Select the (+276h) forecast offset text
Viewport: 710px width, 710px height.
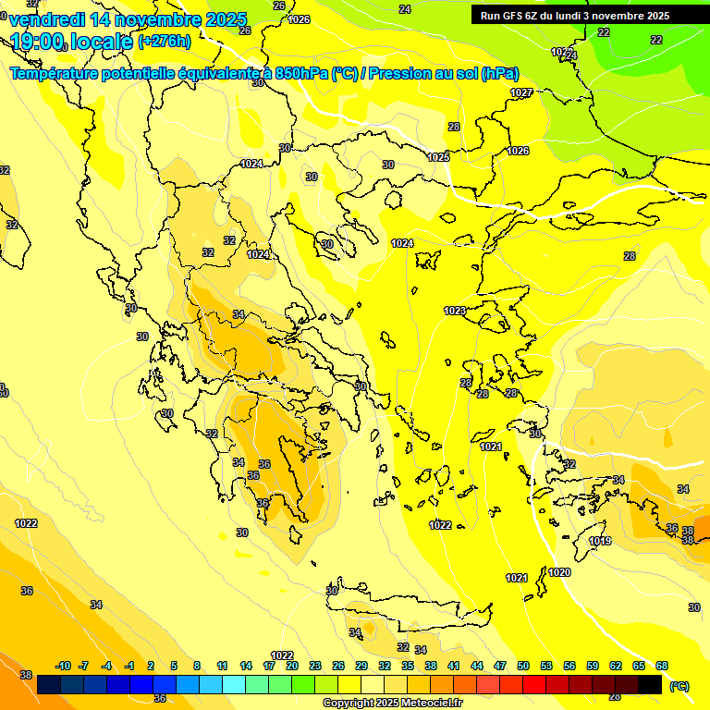click(164, 41)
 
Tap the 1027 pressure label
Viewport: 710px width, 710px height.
click(520, 92)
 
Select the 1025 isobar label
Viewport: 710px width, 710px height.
click(438, 158)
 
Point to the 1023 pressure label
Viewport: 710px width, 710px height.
click(455, 312)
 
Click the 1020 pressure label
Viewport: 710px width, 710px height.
click(559, 573)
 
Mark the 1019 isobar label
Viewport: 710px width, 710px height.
click(600, 541)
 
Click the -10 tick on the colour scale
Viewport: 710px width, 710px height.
click(63, 666)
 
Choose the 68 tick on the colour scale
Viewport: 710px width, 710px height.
click(662, 666)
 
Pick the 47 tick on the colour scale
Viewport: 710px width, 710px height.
click(500, 666)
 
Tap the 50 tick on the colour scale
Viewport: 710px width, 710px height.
click(523, 666)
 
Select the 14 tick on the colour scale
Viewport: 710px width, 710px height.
click(246, 666)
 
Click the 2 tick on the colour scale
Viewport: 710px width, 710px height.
click(153, 666)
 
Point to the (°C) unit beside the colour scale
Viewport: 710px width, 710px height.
click(679, 686)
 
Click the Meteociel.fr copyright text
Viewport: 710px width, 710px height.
click(393, 703)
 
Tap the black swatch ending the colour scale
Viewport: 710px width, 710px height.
click(650, 684)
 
